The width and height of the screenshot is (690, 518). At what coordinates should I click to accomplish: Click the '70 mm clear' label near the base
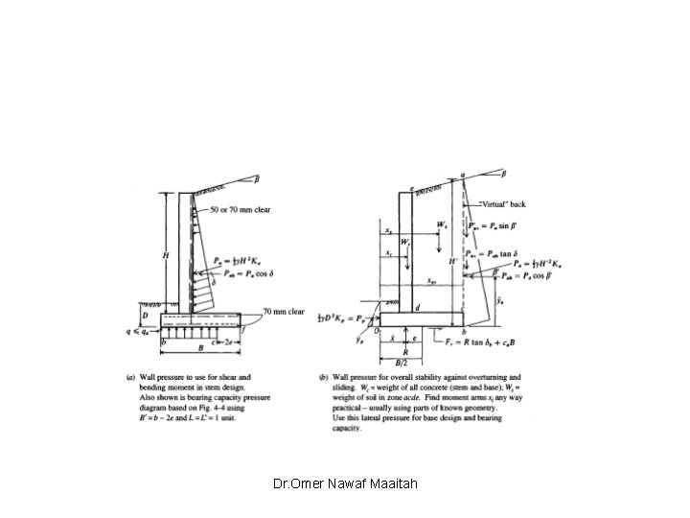pyautogui.click(x=285, y=312)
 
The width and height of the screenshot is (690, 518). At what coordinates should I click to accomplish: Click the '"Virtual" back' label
pyautogui.click(x=504, y=204)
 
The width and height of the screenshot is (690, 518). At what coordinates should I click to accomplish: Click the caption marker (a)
pyautogui.click(x=132, y=376)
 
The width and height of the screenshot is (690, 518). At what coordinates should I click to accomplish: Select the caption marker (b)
pyautogui.click(x=327, y=376)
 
